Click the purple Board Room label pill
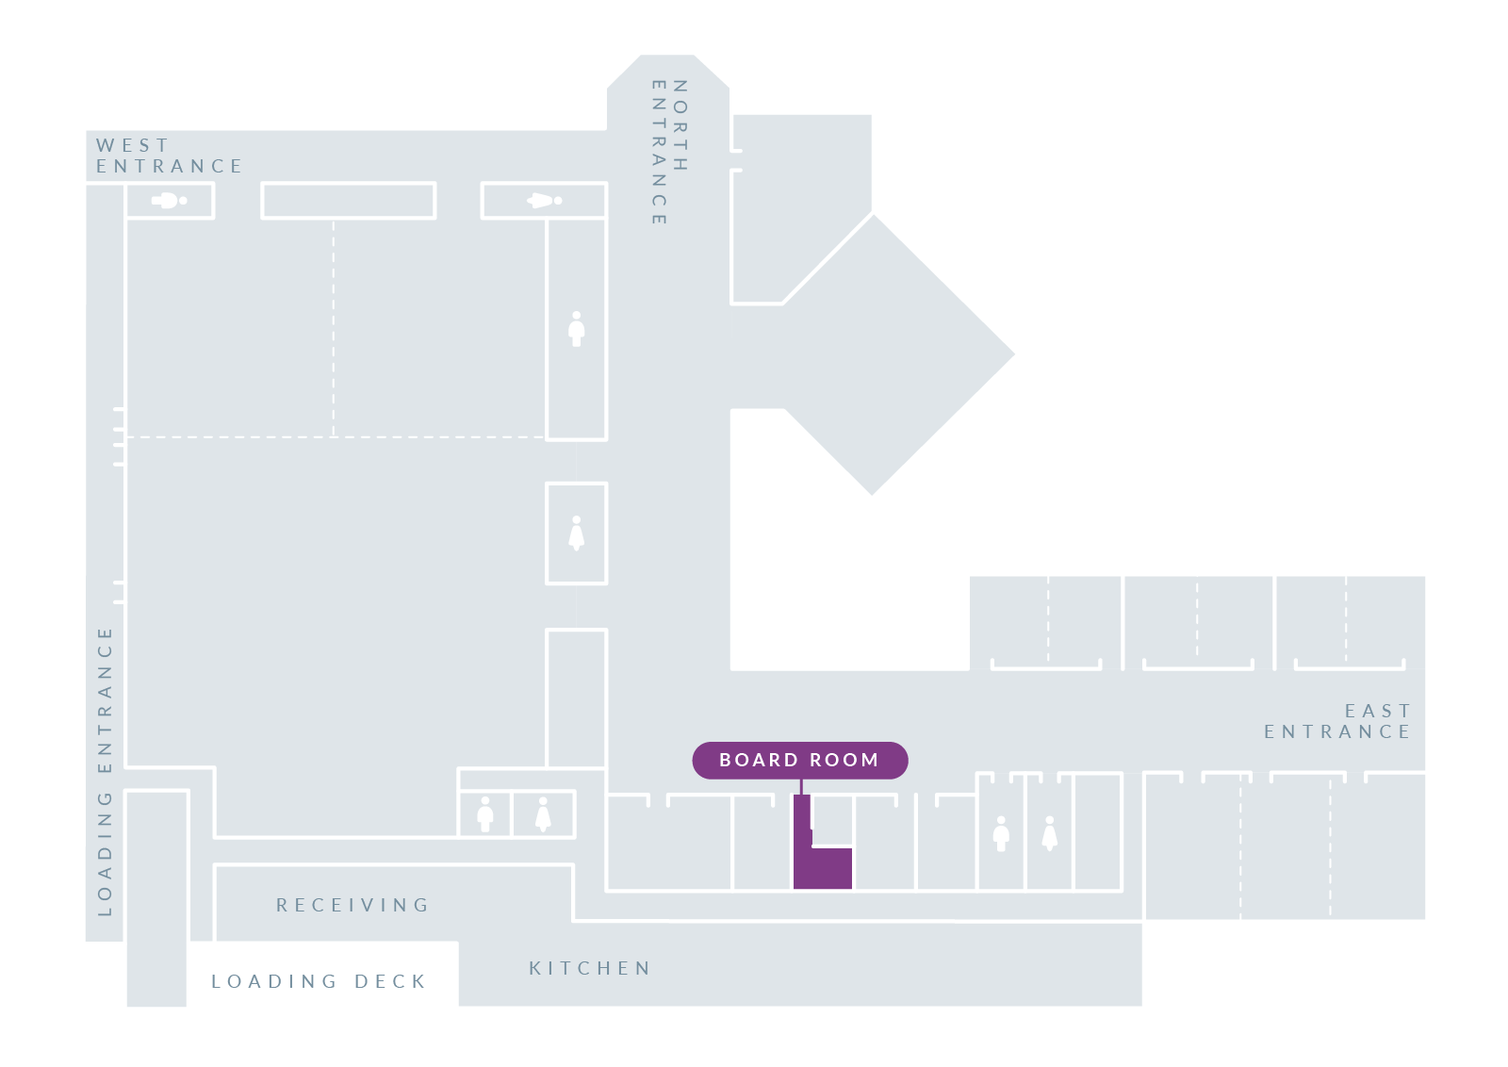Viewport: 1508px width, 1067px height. (799, 761)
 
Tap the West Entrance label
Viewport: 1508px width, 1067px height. (169, 156)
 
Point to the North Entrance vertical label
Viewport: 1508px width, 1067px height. (669, 152)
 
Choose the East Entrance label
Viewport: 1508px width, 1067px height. (1337, 721)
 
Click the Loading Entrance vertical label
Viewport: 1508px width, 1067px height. (105, 771)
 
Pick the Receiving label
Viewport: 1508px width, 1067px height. (352, 905)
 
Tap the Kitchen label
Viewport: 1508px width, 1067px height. (590, 968)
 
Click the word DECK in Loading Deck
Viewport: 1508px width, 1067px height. (390, 981)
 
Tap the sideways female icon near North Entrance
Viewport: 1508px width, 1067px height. (544, 201)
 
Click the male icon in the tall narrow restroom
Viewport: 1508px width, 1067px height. (577, 329)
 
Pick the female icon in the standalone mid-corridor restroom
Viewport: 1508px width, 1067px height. (577, 533)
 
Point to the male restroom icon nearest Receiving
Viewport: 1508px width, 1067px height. (485, 814)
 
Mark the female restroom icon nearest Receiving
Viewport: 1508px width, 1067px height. (543, 814)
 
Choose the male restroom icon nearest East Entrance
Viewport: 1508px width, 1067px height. (1001, 833)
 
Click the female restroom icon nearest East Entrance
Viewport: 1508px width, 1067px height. (1050, 833)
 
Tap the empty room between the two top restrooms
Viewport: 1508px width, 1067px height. (348, 201)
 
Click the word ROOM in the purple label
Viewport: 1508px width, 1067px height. (844, 761)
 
